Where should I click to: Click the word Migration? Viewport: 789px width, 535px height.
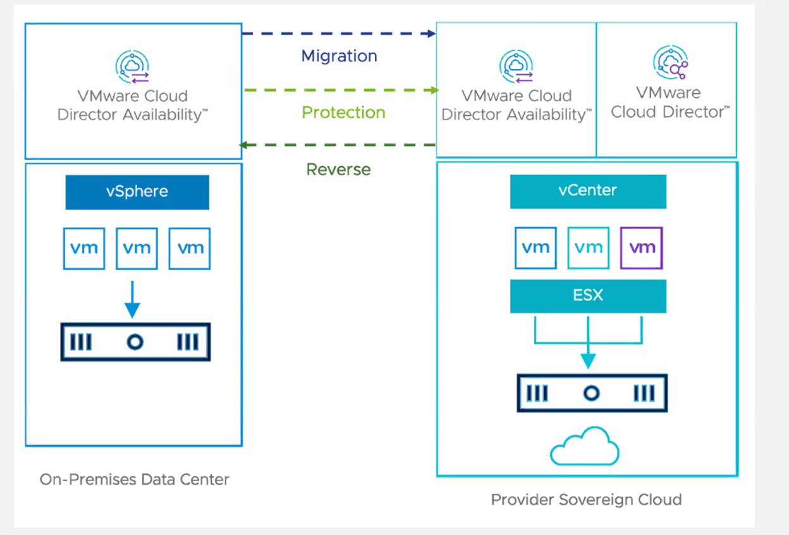[339, 56]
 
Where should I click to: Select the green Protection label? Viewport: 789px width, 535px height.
[343, 113]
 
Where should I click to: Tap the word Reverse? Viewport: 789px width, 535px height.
[338, 169]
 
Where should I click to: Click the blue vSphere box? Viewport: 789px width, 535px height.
[137, 192]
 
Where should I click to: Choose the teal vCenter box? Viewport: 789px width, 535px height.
[588, 190]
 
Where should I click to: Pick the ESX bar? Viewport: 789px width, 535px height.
[588, 295]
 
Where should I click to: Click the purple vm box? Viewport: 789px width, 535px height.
[642, 248]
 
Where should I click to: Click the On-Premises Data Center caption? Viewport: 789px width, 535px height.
[134, 479]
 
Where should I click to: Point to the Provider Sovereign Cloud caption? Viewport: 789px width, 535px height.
[586, 500]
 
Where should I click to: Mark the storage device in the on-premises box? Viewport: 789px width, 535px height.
[135, 342]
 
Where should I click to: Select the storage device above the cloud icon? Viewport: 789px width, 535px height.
[592, 393]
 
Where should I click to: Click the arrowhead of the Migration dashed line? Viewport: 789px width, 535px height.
[432, 34]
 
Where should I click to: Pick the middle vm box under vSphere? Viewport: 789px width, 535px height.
[137, 249]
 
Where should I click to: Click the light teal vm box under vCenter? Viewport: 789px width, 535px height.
[589, 248]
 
